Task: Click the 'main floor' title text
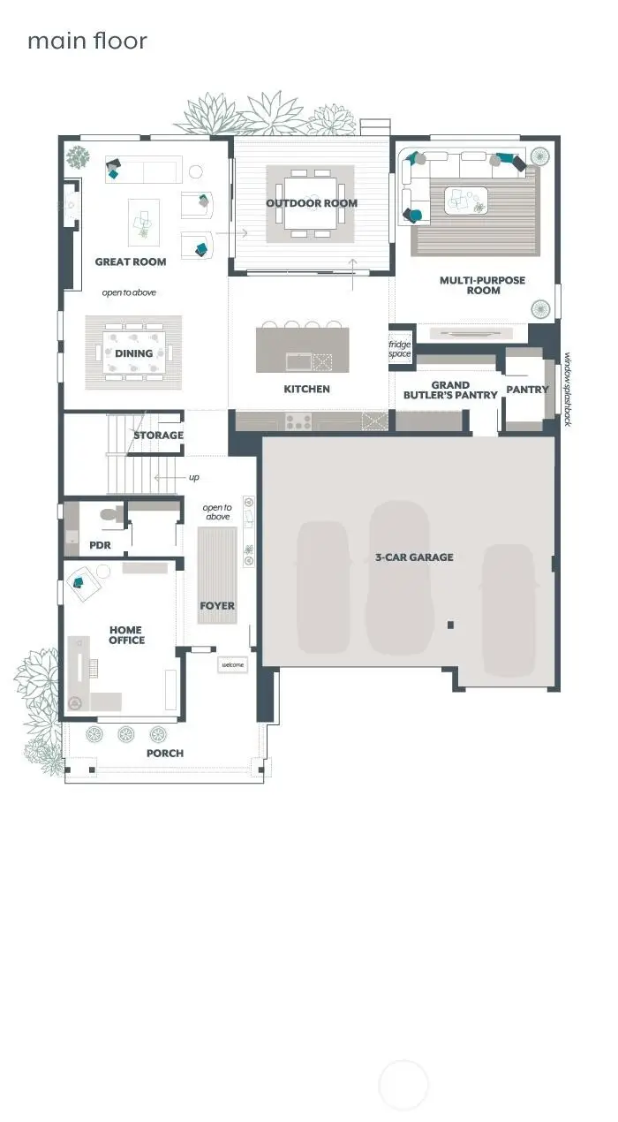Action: point(87,42)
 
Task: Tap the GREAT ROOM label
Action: point(131,262)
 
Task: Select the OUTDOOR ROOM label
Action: point(312,203)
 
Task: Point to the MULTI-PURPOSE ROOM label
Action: point(482,285)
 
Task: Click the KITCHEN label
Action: point(306,389)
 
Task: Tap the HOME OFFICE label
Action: point(126,635)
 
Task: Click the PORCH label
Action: point(165,754)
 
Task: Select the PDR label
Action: point(100,546)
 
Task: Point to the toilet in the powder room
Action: point(110,513)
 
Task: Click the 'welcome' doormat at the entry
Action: point(232,665)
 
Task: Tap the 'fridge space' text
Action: point(400,349)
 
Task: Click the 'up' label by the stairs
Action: point(193,478)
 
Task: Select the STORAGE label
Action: point(159,436)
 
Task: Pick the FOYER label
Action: point(217,606)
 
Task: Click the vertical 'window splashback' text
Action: point(568,390)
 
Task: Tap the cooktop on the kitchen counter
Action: point(298,422)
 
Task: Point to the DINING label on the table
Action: point(133,353)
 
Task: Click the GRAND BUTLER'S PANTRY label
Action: point(451,390)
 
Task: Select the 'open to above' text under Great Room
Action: point(129,292)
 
